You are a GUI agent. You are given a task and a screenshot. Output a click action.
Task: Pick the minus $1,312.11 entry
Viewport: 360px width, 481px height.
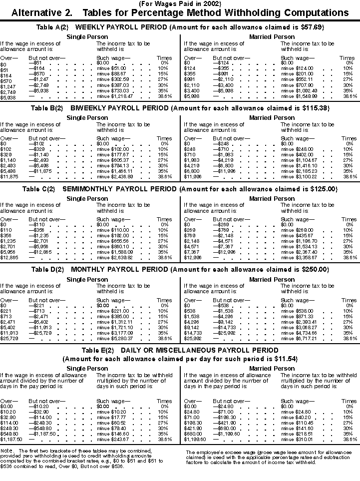112,322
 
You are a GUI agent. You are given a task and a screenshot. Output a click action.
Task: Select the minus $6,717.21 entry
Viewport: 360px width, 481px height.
300,338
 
